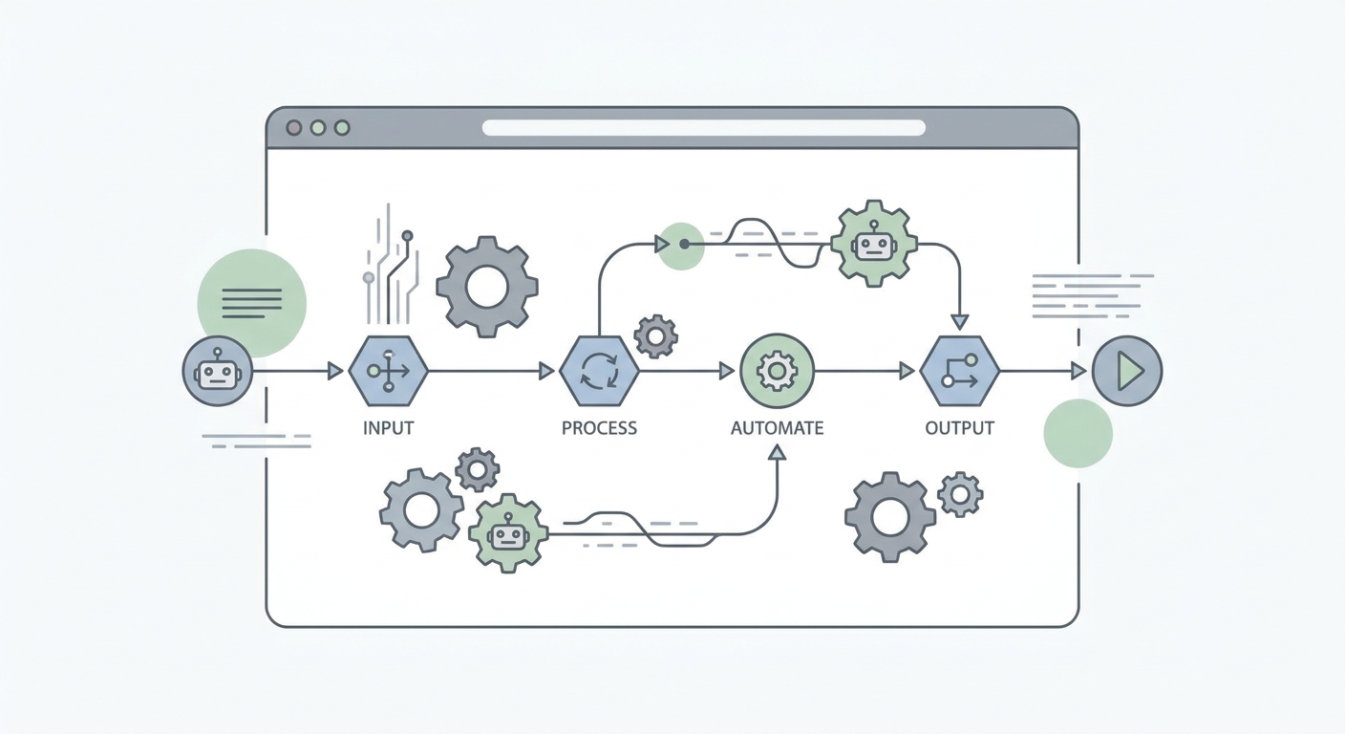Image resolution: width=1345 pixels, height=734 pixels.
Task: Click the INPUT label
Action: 388,427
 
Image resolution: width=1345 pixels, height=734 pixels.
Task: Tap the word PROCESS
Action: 599,427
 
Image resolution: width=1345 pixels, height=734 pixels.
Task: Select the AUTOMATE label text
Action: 777,427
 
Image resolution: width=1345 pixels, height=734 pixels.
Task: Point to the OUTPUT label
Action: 959,427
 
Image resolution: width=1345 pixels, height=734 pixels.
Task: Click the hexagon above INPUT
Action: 388,371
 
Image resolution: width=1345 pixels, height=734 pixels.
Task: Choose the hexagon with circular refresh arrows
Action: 599,371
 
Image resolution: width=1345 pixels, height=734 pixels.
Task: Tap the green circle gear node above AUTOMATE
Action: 777,371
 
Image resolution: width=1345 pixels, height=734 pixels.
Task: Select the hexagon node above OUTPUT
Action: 959,371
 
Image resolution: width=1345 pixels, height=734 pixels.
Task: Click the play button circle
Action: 1127,371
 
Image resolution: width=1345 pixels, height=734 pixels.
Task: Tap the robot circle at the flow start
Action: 218,371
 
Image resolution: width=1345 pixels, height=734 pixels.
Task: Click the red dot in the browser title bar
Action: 293,127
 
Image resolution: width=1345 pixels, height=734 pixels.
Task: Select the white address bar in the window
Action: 703,127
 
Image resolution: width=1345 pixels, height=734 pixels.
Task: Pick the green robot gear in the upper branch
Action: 874,244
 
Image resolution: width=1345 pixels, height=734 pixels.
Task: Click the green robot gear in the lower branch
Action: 508,533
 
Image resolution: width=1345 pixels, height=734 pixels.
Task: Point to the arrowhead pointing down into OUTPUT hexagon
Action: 959,322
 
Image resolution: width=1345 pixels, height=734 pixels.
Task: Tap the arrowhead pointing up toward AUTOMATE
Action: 777,452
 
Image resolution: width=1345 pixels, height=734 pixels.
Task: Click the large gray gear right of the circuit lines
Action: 487,287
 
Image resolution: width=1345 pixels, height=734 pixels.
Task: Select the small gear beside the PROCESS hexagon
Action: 655,336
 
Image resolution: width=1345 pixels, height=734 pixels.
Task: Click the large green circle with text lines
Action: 251,303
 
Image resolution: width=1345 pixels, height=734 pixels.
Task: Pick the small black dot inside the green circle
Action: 684,245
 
